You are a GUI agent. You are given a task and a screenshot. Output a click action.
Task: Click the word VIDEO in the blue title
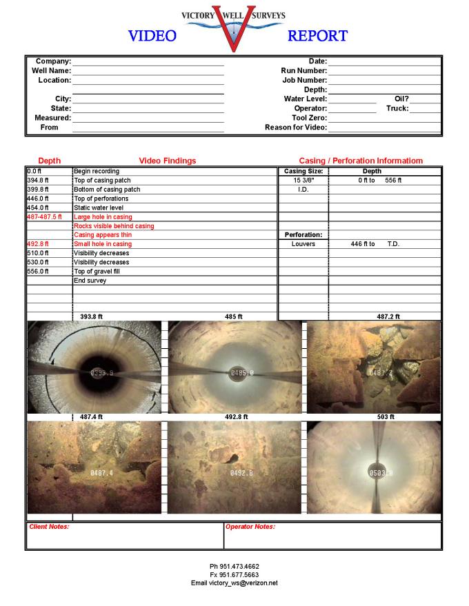pyautogui.click(x=152, y=36)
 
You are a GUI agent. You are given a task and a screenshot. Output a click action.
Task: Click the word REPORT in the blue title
pyautogui.click(x=317, y=36)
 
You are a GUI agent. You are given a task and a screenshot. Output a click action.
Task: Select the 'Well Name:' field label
pyautogui.click(x=51, y=70)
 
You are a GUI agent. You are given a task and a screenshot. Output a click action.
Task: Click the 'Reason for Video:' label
pyautogui.click(x=296, y=127)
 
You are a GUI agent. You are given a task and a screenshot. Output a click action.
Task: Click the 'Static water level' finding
pyautogui.click(x=99, y=208)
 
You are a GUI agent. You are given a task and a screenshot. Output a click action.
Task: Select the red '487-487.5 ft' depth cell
pyautogui.click(x=44, y=216)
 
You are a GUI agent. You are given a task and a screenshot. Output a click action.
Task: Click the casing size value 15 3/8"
pyautogui.click(x=303, y=180)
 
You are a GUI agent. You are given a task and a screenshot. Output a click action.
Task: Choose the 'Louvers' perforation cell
pyautogui.click(x=303, y=244)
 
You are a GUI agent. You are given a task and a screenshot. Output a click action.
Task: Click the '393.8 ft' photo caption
pyautogui.click(x=91, y=316)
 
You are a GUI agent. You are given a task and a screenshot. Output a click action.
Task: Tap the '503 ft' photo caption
pyautogui.click(x=386, y=416)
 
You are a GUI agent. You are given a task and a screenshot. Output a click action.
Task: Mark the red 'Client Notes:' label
pyautogui.click(x=49, y=527)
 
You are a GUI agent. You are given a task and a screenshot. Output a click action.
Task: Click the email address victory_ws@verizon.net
pyautogui.click(x=234, y=583)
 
